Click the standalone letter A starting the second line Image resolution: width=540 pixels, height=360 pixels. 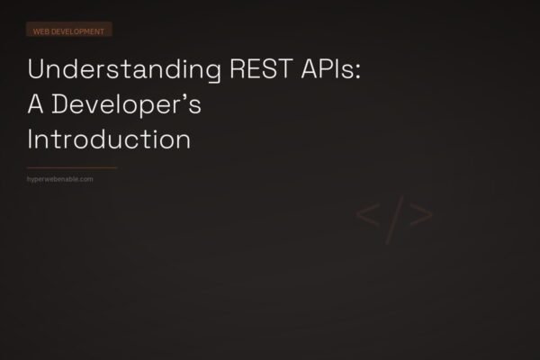38,106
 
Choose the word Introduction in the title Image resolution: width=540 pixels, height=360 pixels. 109,140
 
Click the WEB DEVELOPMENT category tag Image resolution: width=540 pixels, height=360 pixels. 68,31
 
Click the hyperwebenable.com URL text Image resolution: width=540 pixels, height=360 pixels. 61,179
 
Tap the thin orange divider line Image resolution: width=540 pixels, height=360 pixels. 72,167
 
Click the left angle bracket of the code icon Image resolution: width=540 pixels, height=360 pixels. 367,216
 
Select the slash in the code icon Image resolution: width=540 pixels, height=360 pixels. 394,216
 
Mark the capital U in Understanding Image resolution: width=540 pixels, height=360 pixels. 36,71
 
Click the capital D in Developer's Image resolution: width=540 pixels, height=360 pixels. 65,106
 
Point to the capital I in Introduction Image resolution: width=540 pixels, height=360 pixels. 32,140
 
